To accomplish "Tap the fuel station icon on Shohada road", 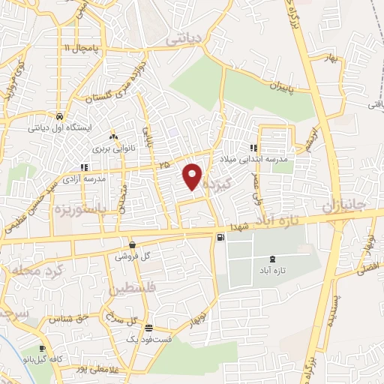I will (x=219, y=238).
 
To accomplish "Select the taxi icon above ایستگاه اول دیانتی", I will (x=58, y=116).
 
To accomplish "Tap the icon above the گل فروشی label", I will (x=132, y=244).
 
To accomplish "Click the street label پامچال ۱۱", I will (x=75, y=47).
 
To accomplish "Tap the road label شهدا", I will (x=239, y=226).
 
